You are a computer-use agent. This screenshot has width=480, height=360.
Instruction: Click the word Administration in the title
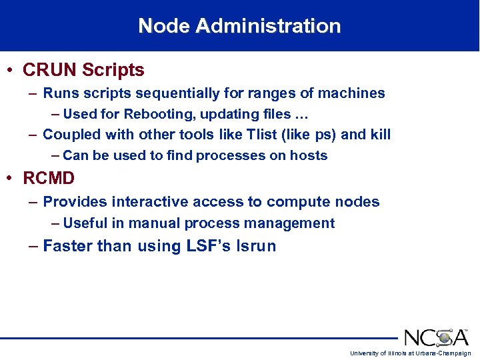tap(269, 26)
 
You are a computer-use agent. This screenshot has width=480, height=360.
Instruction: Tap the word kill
tap(380, 135)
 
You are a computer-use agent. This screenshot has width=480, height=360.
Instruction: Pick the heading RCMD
tap(49, 179)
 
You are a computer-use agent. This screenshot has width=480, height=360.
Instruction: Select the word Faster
tap(67, 246)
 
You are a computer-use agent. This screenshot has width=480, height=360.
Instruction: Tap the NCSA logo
tap(436, 337)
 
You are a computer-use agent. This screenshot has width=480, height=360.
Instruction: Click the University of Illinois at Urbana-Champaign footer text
tap(411, 353)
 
